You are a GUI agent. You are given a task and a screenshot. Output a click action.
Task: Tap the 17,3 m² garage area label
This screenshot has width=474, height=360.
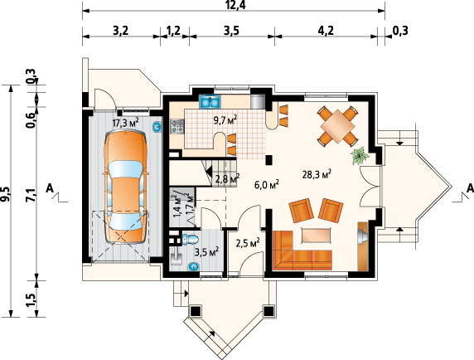(125, 123)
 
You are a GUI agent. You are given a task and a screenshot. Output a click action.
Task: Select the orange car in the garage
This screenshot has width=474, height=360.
(125, 187)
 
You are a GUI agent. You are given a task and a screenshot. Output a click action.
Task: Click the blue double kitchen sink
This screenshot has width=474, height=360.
(210, 102)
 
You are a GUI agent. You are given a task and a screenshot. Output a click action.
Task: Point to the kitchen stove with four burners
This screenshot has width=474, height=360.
(177, 126)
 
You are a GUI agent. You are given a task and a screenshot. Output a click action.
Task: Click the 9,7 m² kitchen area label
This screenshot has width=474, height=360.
(225, 120)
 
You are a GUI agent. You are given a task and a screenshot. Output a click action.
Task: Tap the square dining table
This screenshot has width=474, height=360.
(337, 126)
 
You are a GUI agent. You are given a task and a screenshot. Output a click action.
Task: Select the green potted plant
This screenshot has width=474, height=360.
(359, 156)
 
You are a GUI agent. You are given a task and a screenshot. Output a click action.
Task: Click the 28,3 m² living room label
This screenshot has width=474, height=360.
(317, 174)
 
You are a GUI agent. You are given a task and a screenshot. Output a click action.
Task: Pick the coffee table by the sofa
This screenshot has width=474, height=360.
(316, 235)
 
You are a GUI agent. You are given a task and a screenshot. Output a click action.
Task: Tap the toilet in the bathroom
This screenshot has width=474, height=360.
(190, 239)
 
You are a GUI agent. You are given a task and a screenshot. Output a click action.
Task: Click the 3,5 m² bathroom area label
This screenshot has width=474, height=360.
(207, 251)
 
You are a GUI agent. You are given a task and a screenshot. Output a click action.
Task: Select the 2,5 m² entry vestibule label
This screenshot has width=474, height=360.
(248, 242)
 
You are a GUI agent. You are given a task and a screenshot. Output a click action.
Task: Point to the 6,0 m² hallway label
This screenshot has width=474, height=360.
(266, 184)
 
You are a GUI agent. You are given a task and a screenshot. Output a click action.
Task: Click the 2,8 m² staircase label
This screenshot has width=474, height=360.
(227, 178)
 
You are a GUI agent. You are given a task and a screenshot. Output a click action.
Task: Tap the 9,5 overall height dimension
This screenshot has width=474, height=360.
(7, 194)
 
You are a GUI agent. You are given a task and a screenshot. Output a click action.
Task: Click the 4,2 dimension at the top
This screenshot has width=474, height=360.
(326, 31)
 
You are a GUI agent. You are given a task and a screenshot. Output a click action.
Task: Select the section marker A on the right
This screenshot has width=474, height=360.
(470, 188)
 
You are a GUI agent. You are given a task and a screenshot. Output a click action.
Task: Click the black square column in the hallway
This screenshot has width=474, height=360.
(269, 160)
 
